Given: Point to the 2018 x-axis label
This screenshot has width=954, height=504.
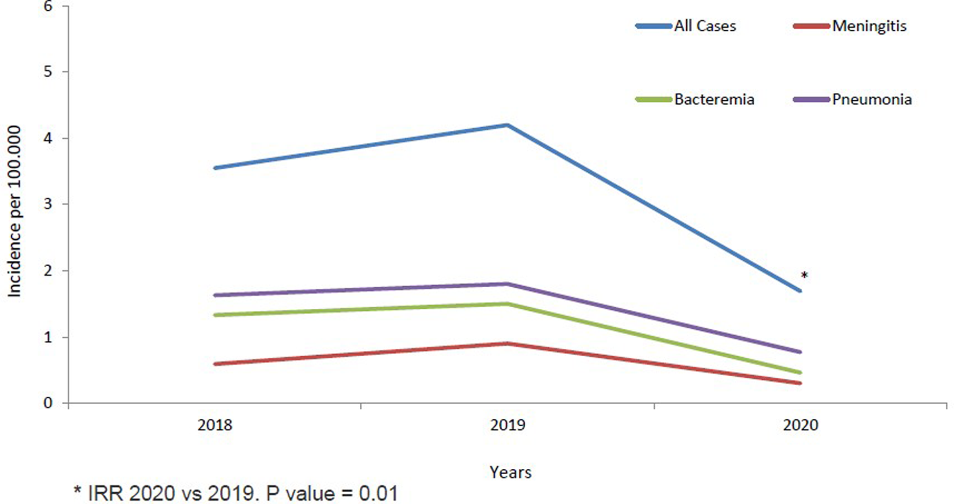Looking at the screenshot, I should click(215, 425).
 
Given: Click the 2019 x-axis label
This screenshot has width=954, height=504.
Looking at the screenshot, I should click(508, 425).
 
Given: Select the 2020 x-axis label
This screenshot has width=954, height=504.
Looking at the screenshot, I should click(800, 425).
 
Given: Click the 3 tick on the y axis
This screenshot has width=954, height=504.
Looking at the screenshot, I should click(48, 204).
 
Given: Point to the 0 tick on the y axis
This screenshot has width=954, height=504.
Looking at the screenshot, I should click(48, 403).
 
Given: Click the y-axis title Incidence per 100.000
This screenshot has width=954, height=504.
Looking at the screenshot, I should click(15, 211).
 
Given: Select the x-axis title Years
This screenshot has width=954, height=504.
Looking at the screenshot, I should click(511, 472).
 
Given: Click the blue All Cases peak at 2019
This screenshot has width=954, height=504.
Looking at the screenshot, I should click(508, 125).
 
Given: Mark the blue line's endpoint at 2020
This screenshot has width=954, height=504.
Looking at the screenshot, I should click(800, 291).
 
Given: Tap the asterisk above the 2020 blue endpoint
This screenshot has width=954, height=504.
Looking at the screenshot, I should click(804, 275).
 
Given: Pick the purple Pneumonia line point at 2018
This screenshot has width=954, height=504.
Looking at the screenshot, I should click(215, 295).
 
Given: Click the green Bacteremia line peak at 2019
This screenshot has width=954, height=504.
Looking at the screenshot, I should click(508, 304).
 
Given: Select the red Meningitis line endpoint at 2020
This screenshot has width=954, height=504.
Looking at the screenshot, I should click(800, 383).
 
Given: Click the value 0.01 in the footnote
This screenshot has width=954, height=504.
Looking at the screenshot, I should click(378, 493).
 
